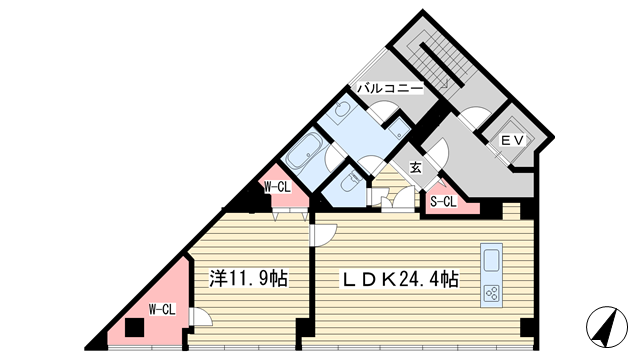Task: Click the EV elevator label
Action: coord(512,140)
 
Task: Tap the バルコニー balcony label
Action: coord(390,88)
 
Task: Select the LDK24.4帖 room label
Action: coord(400,280)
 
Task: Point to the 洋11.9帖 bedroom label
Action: coord(249,278)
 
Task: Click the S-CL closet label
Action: coord(443,202)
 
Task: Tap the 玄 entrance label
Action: coord(416,167)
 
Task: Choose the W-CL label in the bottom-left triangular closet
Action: coord(162,310)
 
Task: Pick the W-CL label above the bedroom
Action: coord(277,187)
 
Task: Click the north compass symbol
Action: coord(607,327)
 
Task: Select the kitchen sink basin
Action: coord(491,261)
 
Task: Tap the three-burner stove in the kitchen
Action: coord(491,293)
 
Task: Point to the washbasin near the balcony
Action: coord(341,109)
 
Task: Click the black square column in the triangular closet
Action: coord(135,327)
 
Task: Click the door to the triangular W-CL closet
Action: coord(201,317)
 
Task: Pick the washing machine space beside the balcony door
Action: coord(399,129)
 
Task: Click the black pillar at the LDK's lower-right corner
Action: coord(527,327)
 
